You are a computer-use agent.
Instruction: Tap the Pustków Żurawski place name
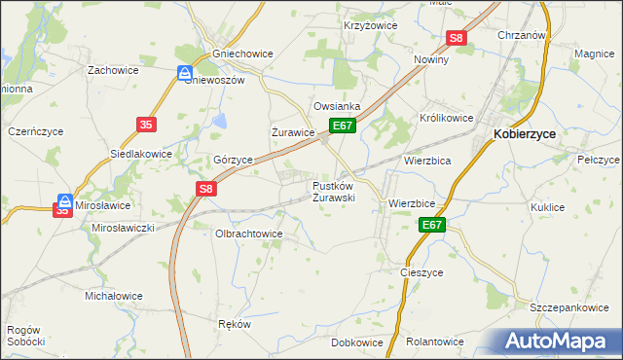point(333,191)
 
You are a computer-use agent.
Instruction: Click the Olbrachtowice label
point(248,234)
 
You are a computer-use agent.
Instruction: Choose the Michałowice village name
point(114,296)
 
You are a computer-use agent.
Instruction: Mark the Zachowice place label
point(112,70)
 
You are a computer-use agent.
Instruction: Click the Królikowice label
point(447,117)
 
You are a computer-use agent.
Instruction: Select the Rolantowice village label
point(434,342)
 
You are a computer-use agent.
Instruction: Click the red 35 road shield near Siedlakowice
point(146,125)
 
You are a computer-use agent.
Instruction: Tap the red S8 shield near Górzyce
point(204,190)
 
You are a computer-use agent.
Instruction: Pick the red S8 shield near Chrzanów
point(458,39)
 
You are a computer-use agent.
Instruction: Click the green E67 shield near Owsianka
point(342,126)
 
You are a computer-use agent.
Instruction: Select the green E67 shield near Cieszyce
point(433,226)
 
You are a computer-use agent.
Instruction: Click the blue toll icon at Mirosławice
point(64,202)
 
